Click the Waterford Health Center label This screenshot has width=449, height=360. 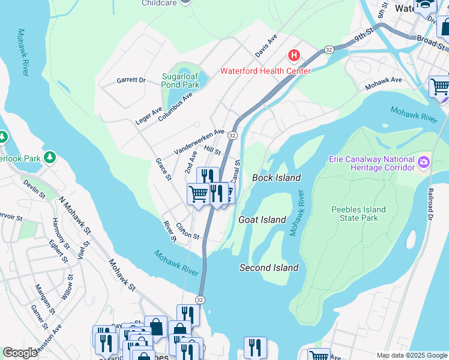click(265, 71)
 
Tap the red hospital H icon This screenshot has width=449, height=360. click(294, 56)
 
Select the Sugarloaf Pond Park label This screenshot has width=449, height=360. click(181, 80)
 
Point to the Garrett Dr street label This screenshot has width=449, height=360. click(131, 80)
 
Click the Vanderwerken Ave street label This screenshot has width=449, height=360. click(199, 141)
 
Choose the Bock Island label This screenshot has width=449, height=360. click(276, 178)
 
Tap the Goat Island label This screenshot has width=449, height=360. click(262, 220)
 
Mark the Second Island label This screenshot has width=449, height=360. click(269, 268)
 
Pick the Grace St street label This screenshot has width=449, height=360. click(163, 169)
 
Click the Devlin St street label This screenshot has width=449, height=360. click(34, 188)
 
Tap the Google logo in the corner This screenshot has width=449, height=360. click(20, 353)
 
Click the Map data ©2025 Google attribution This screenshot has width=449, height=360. click(411, 355)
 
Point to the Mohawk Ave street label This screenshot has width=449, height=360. click(383, 83)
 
